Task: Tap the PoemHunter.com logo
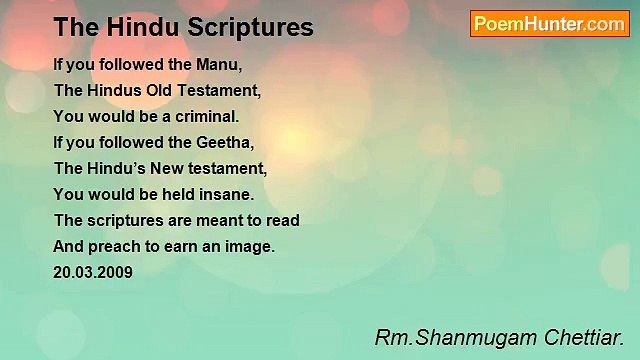coord(549,24)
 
